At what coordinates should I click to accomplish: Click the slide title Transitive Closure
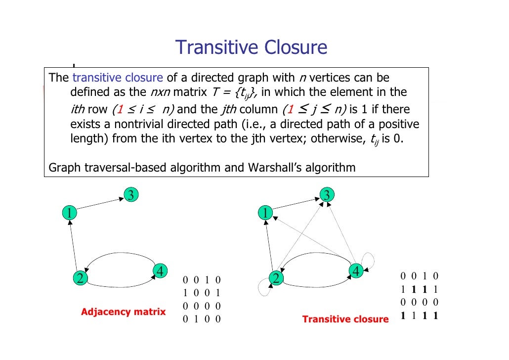[251, 47]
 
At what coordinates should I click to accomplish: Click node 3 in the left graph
[130, 195]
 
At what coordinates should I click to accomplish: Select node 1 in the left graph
[70, 213]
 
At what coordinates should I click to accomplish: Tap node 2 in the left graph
[79, 278]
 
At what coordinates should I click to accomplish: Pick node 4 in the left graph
[160, 271]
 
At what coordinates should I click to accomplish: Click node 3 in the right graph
[326, 195]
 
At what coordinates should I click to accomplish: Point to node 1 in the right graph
[265, 213]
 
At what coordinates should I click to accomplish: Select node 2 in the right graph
[276, 278]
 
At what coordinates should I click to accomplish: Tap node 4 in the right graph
[356, 271]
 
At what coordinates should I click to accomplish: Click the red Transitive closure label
[345, 319]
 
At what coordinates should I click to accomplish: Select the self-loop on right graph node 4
[369, 259]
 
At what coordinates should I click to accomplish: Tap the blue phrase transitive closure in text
[118, 78]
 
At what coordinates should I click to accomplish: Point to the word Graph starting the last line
[63, 168]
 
